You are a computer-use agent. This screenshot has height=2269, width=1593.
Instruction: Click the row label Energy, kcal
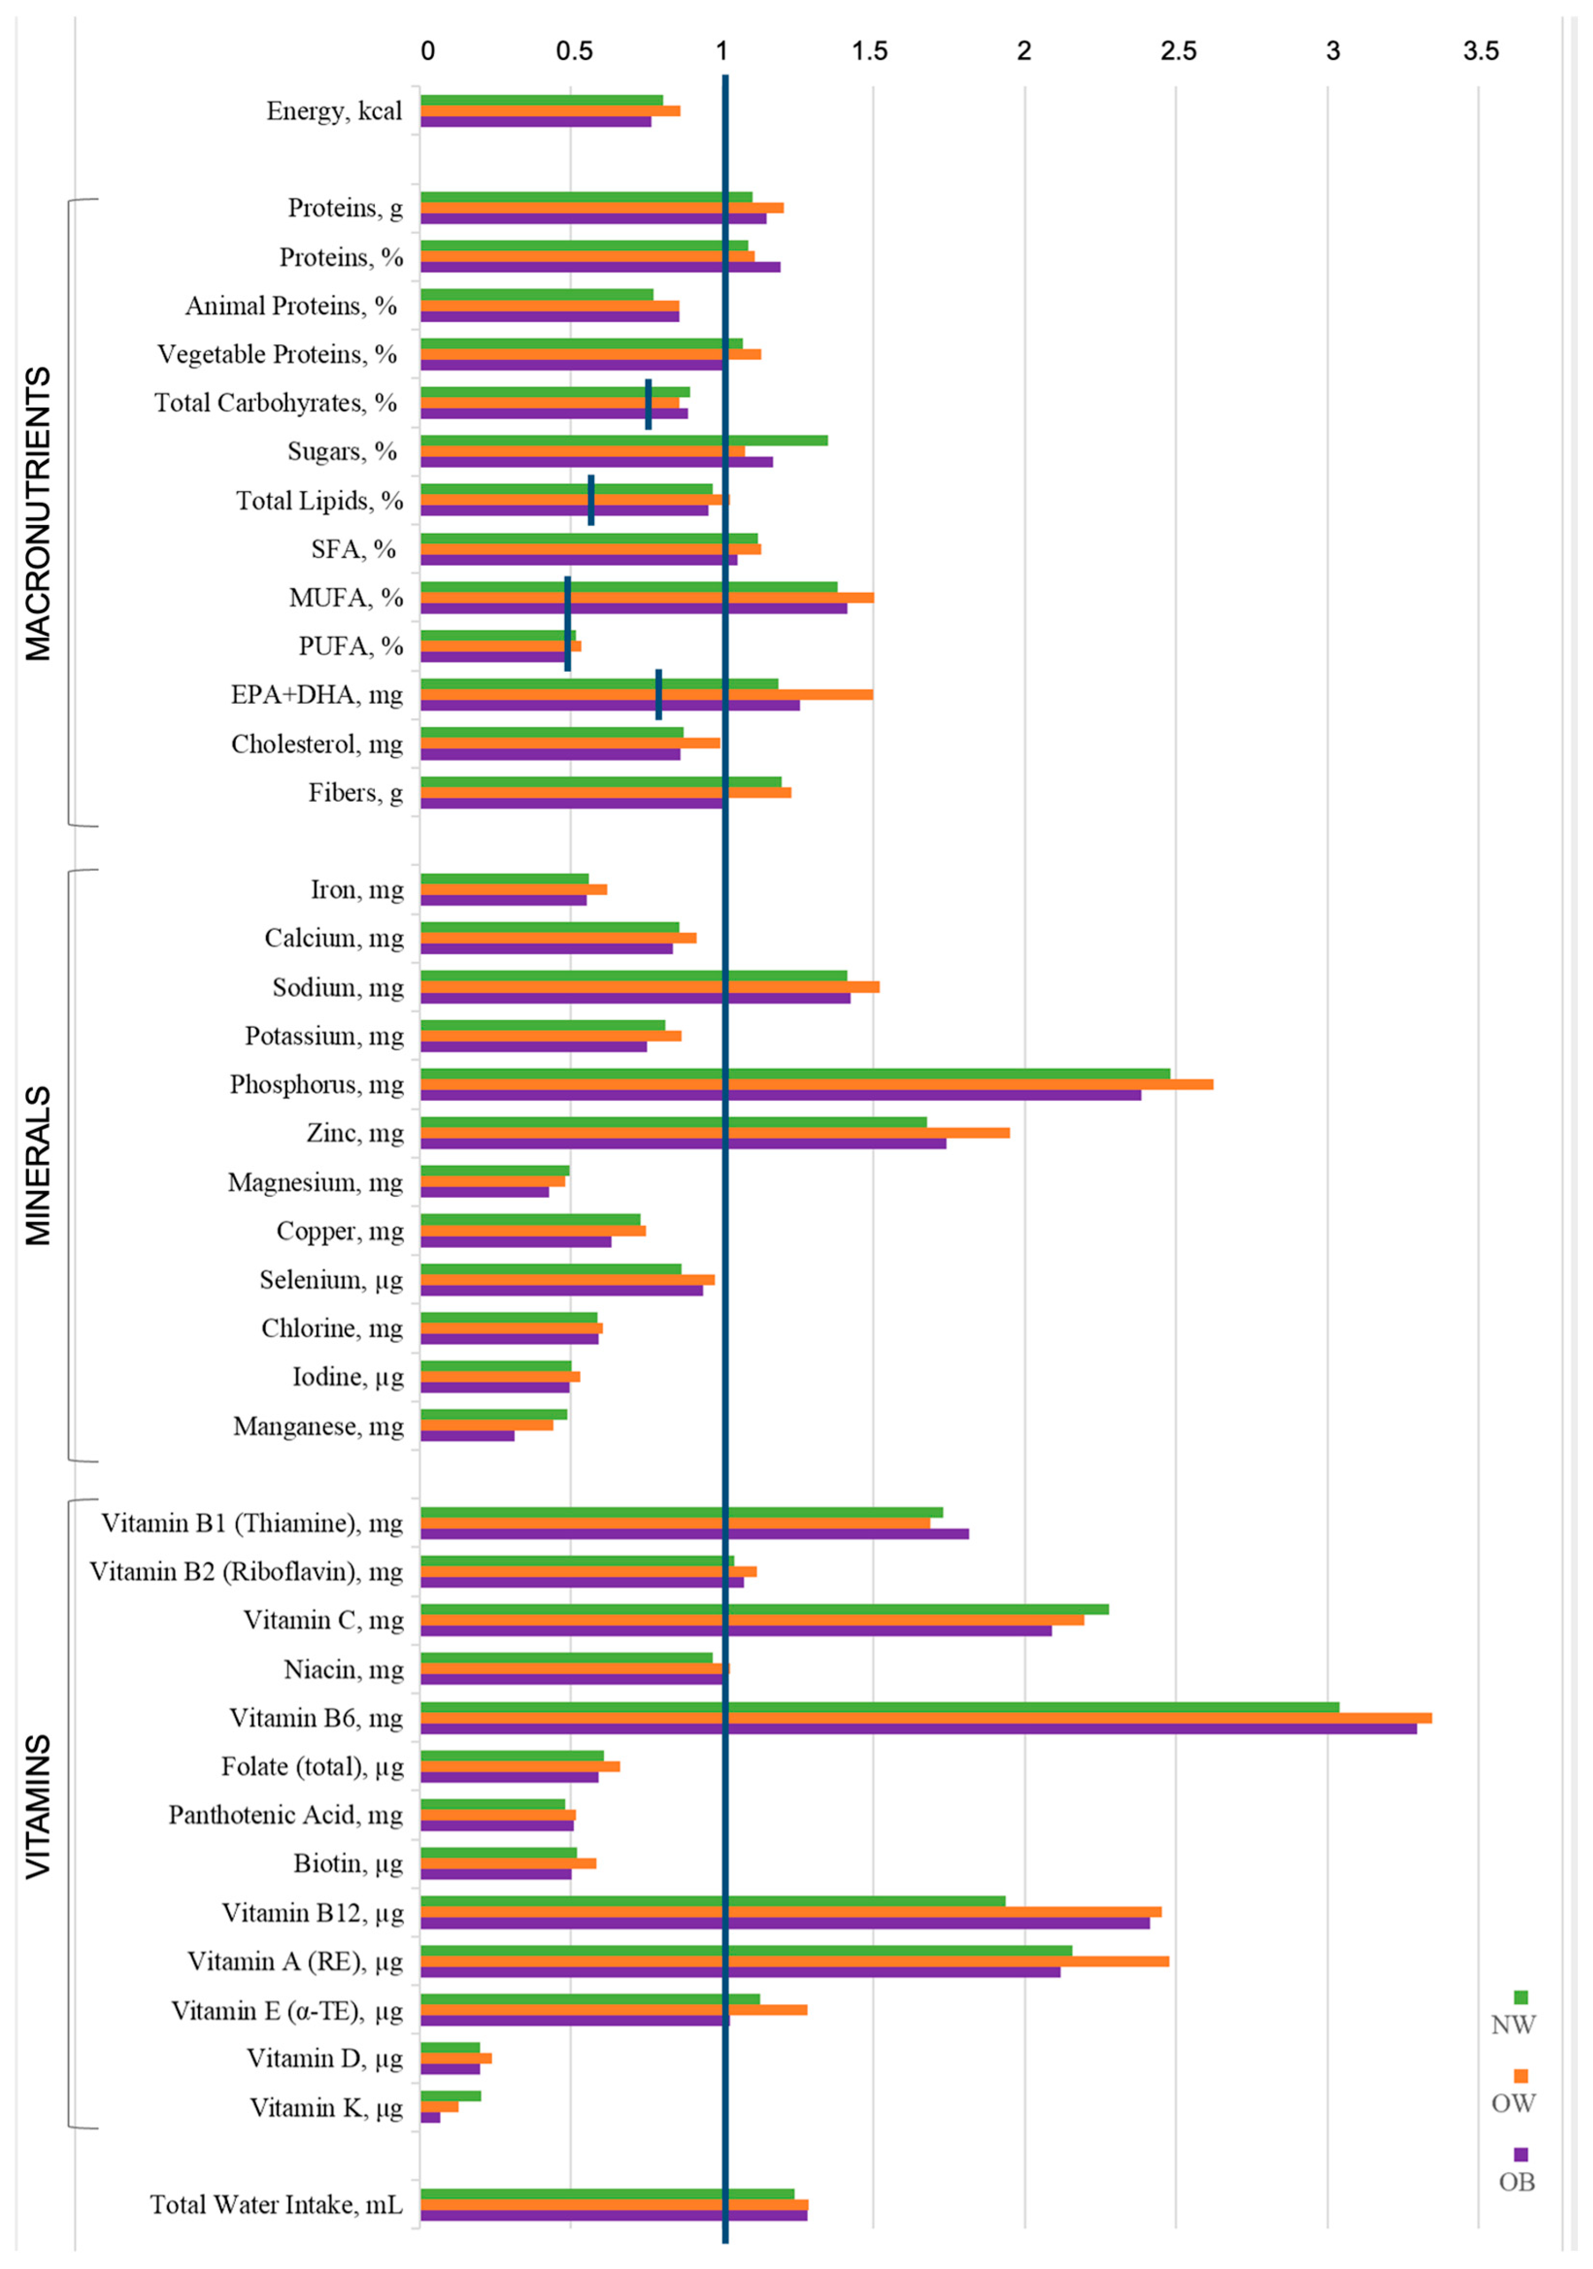[334, 111]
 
